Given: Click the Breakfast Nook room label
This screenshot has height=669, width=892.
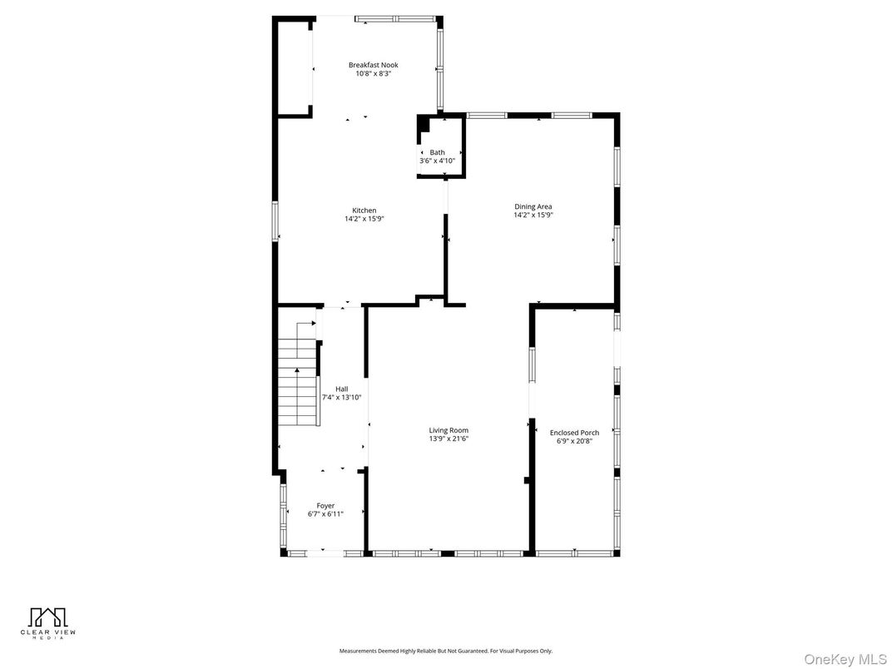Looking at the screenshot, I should pyautogui.click(x=373, y=65).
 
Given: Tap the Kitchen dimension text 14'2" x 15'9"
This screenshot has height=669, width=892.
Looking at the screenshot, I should pyautogui.click(x=364, y=219).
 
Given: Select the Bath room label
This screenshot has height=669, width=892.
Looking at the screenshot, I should pyautogui.click(x=437, y=152).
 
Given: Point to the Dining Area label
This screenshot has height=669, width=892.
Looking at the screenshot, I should pyautogui.click(x=533, y=206).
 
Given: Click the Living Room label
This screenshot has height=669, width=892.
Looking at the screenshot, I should pyautogui.click(x=448, y=430).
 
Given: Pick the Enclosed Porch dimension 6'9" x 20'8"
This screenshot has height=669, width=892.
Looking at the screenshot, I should pyautogui.click(x=574, y=441).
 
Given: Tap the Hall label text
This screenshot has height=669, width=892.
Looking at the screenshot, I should pyautogui.click(x=341, y=389).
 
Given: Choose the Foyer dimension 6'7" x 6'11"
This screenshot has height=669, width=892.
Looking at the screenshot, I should pyautogui.click(x=325, y=514).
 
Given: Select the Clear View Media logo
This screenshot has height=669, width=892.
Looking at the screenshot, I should pyautogui.click(x=48, y=622).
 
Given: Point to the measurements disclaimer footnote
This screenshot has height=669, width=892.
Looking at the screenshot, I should pyautogui.click(x=445, y=651).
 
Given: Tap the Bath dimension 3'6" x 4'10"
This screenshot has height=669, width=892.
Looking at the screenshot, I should pyautogui.click(x=437, y=161).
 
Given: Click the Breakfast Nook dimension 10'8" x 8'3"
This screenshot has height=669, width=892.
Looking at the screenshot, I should pyautogui.click(x=373, y=73).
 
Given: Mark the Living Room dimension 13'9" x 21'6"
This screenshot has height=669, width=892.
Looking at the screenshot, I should pyautogui.click(x=448, y=439).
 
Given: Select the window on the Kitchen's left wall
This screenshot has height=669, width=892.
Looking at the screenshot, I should pyautogui.click(x=275, y=221).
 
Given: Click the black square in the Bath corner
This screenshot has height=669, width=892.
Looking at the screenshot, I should pyautogui.click(x=423, y=123).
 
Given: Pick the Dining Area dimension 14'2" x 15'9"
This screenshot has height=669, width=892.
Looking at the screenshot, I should pyautogui.click(x=533, y=215).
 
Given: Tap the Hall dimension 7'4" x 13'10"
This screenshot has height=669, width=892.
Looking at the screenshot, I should pyautogui.click(x=341, y=397).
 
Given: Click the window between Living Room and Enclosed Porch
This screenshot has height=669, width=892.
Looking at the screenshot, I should pyautogui.click(x=532, y=365).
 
